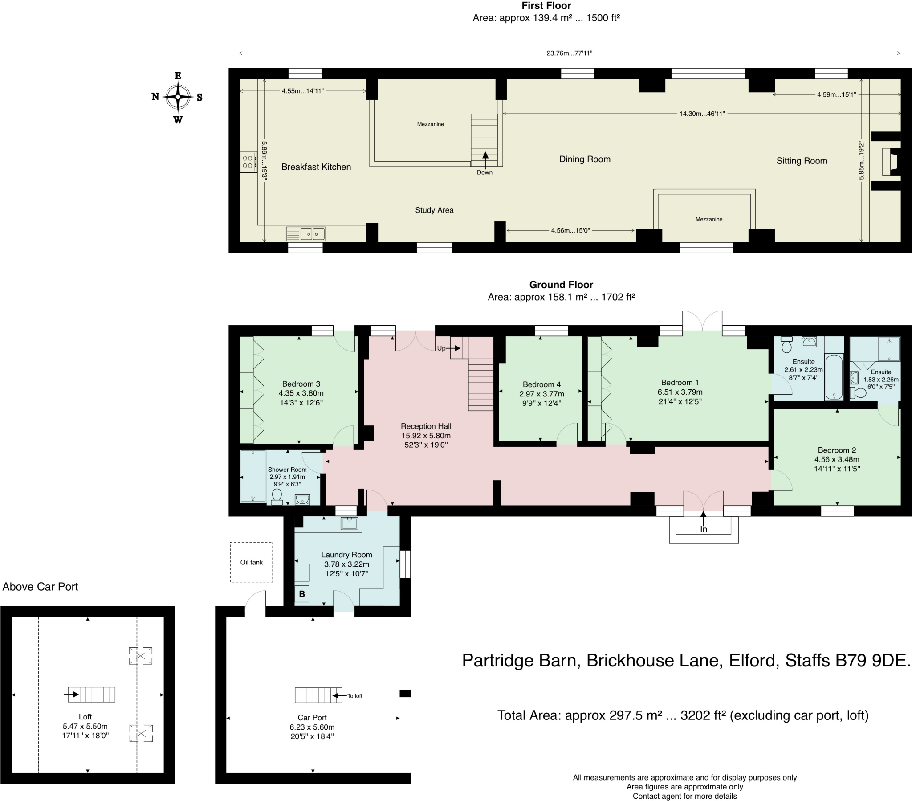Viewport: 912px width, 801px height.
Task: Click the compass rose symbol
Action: tap(178, 97)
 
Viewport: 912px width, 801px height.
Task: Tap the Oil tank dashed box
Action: tap(251, 562)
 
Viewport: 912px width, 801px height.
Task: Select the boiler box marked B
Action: tap(302, 594)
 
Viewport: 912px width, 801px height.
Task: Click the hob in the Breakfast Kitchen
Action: tap(248, 162)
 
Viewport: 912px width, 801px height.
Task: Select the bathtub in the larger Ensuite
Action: tap(834, 377)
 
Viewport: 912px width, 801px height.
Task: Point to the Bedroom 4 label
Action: tap(541, 384)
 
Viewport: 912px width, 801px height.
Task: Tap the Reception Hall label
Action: tap(426, 426)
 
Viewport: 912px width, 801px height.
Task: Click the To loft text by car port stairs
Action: tap(355, 695)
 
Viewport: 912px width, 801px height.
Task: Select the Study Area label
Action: tap(434, 210)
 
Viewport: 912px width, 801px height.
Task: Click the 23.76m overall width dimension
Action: tap(569, 53)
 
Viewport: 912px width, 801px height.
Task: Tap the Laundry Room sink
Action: tap(349, 523)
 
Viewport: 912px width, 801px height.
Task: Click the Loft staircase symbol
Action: tap(91, 694)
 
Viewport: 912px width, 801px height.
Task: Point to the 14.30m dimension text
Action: tap(701, 114)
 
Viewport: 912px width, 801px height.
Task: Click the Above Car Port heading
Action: tap(40, 587)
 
